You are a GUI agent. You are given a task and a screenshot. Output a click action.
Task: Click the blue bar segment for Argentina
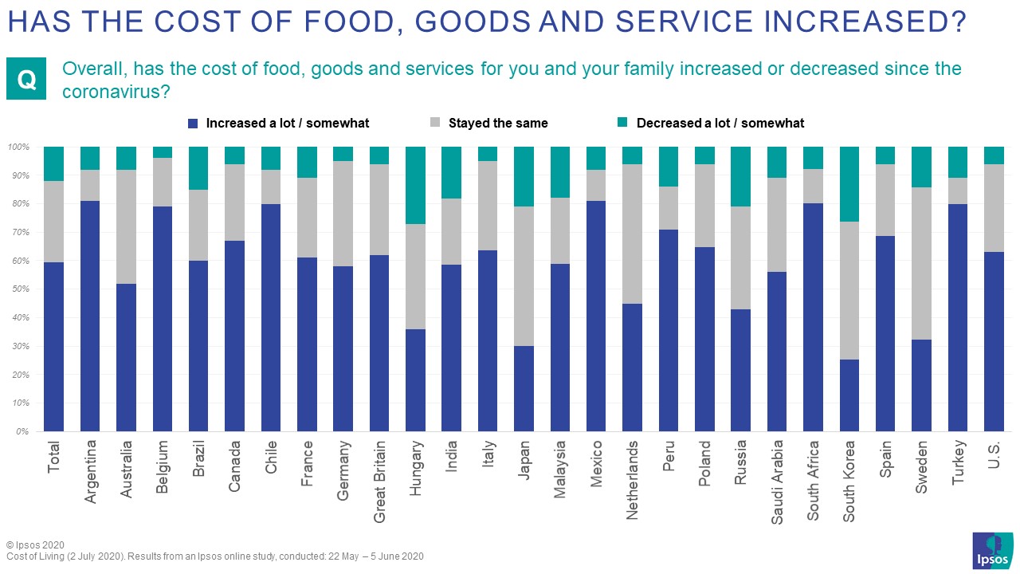pos(90,316)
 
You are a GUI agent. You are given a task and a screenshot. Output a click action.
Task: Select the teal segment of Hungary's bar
pos(415,185)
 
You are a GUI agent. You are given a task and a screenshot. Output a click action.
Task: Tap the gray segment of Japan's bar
pos(524,276)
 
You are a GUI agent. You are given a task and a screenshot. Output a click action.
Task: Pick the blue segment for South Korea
pos(849,395)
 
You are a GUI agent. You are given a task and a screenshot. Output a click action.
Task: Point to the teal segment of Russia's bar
pos(741,176)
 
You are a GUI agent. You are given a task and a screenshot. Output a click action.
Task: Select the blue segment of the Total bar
pos(53,347)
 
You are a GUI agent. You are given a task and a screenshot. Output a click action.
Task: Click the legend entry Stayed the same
pos(498,124)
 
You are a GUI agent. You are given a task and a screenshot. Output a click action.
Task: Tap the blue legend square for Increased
pos(192,124)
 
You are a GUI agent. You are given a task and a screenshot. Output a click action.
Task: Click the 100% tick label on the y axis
pos(18,147)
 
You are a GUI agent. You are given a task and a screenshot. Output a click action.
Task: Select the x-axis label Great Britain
pos(379,481)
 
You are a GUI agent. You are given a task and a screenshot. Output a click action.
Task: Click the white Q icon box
pos(27,79)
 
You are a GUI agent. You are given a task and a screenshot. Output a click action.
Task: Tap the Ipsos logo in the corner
pos(992,551)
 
